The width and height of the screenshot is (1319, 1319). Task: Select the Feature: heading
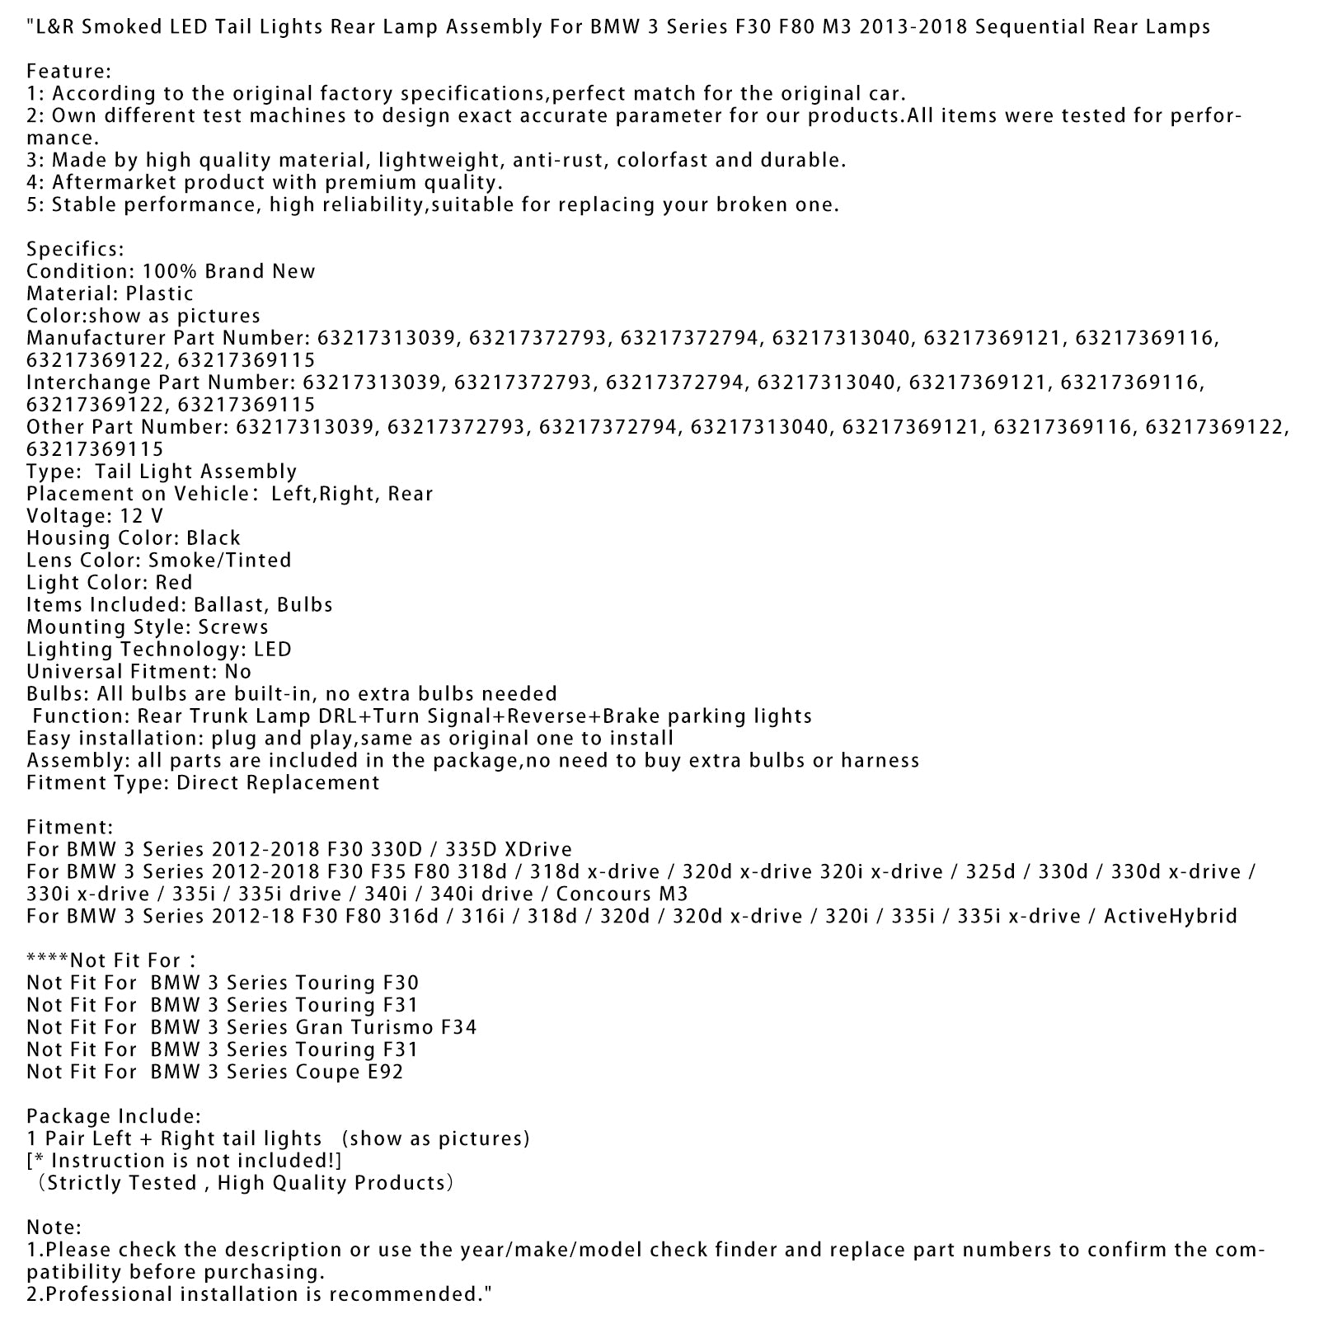pyautogui.click(x=68, y=72)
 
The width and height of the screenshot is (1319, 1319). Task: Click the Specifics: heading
pyautogui.click(x=75, y=249)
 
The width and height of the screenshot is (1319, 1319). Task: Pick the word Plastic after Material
pyautogui.click(x=160, y=293)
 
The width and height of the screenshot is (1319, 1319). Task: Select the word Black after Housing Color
pyautogui.click(x=214, y=538)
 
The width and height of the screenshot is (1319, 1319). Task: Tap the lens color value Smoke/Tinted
pyautogui.click(x=220, y=561)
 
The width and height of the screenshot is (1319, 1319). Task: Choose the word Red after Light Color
pyautogui.click(x=174, y=583)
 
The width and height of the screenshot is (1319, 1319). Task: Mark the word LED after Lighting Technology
pyautogui.click(x=273, y=650)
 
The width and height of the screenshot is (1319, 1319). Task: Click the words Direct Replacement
pyautogui.click(x=278, y=783)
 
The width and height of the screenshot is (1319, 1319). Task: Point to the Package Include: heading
pyautogui.click(x=114, y=1117)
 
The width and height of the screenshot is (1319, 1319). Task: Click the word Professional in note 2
pyautogui.click(x=98, y=1295)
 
